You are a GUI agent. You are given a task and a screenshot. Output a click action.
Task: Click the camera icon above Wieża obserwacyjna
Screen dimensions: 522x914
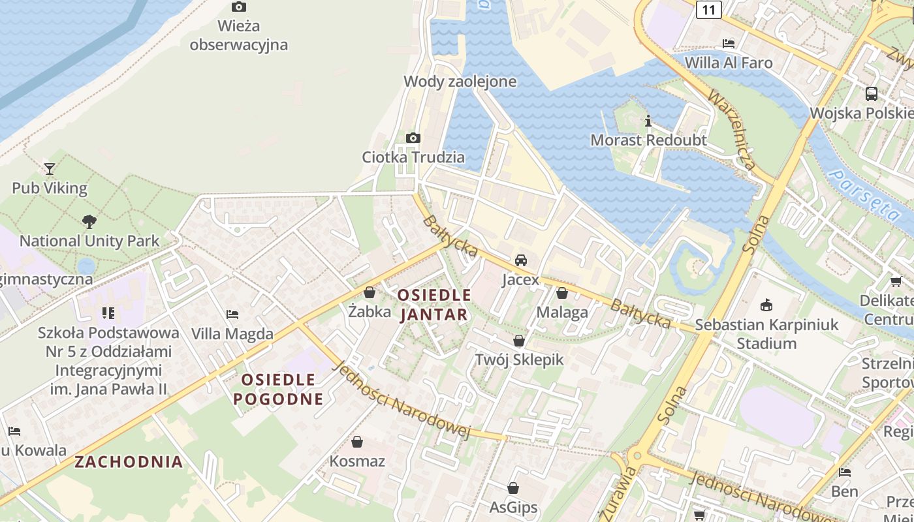pyautogui.click(x=239, y=7)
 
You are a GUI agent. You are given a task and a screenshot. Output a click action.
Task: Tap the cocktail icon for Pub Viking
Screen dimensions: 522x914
pyautogui.click(x=50, y=169)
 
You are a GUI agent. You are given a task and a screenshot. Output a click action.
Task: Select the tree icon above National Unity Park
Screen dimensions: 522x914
pyautogui.click(x=89, y=222)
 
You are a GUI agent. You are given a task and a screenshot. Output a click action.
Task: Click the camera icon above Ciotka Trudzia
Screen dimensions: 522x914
pyautogui.click(x=413, y=138)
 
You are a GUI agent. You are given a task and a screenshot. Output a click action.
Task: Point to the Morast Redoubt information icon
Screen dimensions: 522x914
pyautogui.click(x=648, y=121)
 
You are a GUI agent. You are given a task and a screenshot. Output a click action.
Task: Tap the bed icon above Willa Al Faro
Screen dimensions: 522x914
pyautogui.click(x=729, y=44)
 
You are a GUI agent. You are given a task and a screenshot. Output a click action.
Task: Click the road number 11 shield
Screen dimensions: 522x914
pyautogui.click(x=708, y=10)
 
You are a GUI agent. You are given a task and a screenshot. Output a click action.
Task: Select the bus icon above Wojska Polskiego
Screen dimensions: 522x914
pyautogui.click(x=872, y=94)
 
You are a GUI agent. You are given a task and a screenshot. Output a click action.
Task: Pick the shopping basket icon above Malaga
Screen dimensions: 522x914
pyautogui.click(x=562, y=294)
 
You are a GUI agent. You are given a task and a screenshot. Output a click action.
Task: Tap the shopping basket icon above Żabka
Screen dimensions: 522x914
pyautogui.click(x=370, y=293)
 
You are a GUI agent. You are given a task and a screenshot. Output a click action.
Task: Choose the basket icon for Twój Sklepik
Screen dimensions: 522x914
pyautogui.click(x=519, y=341)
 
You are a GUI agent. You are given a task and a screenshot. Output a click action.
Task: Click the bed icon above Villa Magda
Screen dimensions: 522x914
pyautogui.click(x=232, y=315)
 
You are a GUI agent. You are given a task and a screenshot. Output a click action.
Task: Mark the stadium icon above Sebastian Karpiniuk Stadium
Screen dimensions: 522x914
pyautogui.click(x=766, y=305)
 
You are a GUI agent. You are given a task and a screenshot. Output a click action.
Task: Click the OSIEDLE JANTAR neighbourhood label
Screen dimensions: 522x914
pyautogui.click(x=433, y=305)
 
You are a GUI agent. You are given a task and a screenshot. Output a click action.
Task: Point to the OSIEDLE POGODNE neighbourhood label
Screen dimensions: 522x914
pyautogui.click(x=278, y=389)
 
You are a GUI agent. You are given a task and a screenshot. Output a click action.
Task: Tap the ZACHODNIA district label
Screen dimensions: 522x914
pyautogui.click(x=129, y=462)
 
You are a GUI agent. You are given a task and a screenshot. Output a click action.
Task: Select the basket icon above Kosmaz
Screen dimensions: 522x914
pyautogui.click(x=357, y=442)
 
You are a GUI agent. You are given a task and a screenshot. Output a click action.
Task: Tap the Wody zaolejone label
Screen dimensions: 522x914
pyautogui.click(x=460, y=82)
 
